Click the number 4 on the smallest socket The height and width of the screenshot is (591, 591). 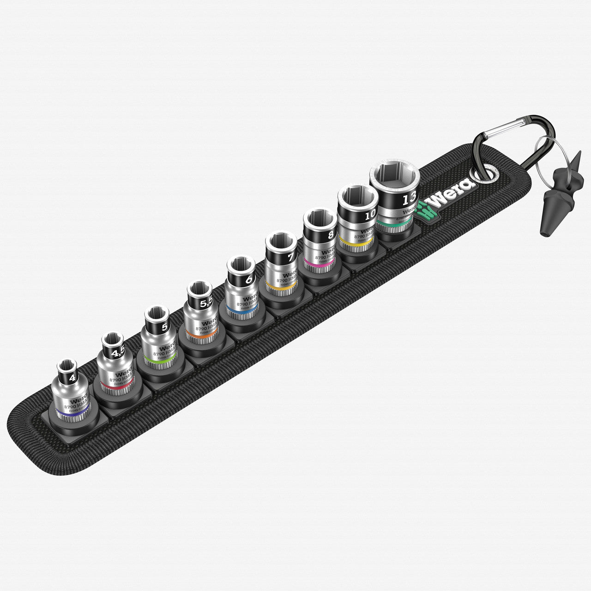tap(72, 377)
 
